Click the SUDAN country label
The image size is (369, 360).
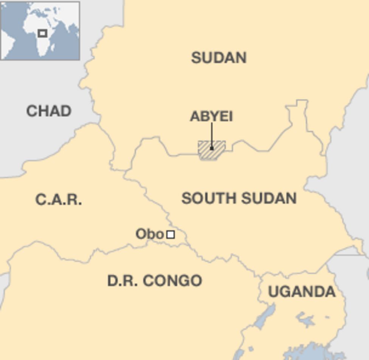[219, 58]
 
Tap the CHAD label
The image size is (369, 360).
[49, 111]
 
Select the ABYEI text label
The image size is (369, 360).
[211, 116]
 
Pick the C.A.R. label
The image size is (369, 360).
[59, 199]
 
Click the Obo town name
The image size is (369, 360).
[150, 234]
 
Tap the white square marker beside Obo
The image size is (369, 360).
[171, 235]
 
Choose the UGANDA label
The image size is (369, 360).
[302, 292]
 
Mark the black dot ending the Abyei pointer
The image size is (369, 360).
[212, 148]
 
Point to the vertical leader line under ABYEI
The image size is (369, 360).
[212, 134]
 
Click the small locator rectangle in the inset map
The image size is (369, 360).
[42, 33]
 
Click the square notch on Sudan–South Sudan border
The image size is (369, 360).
[302, 106]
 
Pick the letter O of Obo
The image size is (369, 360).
[140, 234]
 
